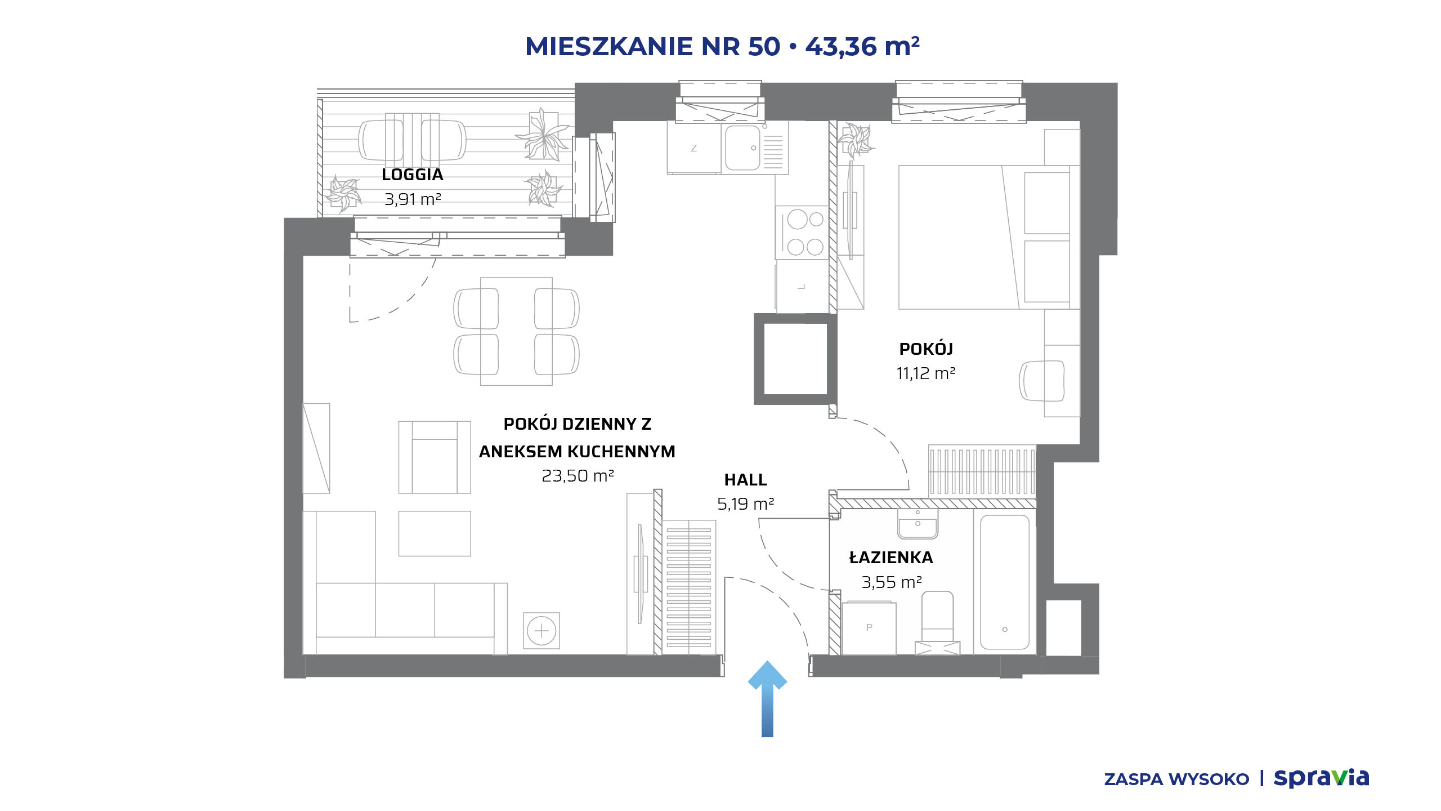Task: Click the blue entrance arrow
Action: click(767, 698)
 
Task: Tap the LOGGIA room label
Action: click(413, 175)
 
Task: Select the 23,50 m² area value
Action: click(578, 476)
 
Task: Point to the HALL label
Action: click(745, 480)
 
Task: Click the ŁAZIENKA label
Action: click(891, 557)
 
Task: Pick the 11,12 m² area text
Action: click(926, 373)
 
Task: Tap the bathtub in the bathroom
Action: click(1005, 582)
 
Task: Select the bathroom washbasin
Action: click(918, 524)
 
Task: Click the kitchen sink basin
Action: click(742, 148)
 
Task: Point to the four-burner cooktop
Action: click(802, 233)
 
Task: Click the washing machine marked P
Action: click(869, 628)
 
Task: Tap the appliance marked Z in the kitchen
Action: click(694, 148)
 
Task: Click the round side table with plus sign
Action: click(542, 631)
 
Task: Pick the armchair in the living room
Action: click(435, 457)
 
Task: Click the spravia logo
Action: click(1321, 778)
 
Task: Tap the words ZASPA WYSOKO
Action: click(1176, 779)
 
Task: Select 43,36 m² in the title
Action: click(862, 47)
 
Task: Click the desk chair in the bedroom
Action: click(1041, 381)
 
